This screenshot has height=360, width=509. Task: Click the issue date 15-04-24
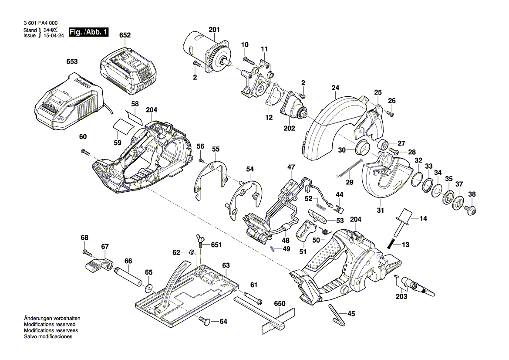tap(54, 36)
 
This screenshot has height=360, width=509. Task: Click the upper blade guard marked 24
tap(331, 126)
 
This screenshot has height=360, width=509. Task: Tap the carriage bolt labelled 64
tap(206, 321)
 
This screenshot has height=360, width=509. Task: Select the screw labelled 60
tap(84, 151)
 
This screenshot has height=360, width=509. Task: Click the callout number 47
tap(291, 167)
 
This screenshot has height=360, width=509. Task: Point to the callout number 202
tap(289, 128)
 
